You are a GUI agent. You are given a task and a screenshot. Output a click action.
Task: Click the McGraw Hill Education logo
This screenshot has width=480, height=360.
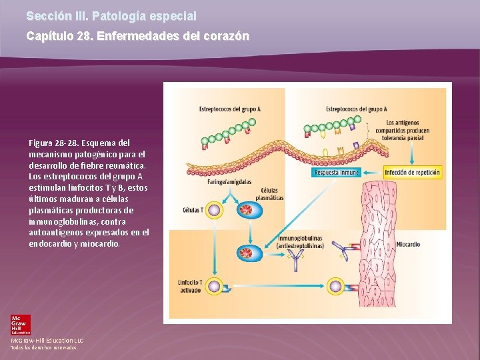pos(20,325)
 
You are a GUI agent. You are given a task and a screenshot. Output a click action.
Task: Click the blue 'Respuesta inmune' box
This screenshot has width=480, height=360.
pos(337,173)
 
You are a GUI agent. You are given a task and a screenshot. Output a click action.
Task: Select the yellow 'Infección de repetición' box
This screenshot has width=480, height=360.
pos(413,173)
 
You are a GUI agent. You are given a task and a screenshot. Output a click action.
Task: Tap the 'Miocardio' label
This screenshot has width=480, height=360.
pos(407,245)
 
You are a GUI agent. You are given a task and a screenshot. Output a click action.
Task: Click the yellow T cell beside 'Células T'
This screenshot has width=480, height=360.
pos(215,211)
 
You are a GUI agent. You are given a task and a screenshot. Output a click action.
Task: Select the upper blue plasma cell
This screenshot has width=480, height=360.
pos(245,211)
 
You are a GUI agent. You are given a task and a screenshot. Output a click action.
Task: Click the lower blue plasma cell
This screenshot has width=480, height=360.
pos(245,253)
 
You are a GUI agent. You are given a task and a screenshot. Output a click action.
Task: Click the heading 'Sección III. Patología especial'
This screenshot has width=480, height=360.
pos(111,15)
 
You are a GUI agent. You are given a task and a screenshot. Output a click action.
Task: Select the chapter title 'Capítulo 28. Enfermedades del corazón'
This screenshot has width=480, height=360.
pos(137,36)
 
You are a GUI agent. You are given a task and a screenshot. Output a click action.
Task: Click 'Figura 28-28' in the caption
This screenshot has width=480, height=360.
pos(51,143)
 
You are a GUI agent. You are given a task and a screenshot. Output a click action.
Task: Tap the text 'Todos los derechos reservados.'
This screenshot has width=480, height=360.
pos(45,347)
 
